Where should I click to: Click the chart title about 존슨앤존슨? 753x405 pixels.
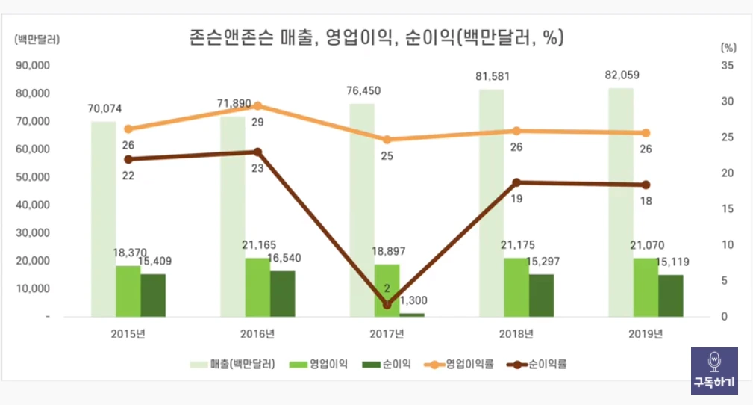tap(375, 37)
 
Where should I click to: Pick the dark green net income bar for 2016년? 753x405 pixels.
tap(283, 293)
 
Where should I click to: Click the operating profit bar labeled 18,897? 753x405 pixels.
tap(387, 290)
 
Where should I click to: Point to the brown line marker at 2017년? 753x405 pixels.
tap(387, 305)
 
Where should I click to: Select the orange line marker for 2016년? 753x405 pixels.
tap(257, 106)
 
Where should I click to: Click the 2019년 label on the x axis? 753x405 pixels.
tap(646, 333)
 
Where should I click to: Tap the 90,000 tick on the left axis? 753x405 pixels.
tap(33, 65)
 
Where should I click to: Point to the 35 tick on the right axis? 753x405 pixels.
tap(727, 66)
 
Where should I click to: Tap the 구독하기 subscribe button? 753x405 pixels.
tap(714, 371)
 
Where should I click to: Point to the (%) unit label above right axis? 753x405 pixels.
tap(728, 46)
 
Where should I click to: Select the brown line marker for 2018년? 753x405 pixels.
tap(516, 182)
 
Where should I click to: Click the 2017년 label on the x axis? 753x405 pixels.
tap(387, 333)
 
